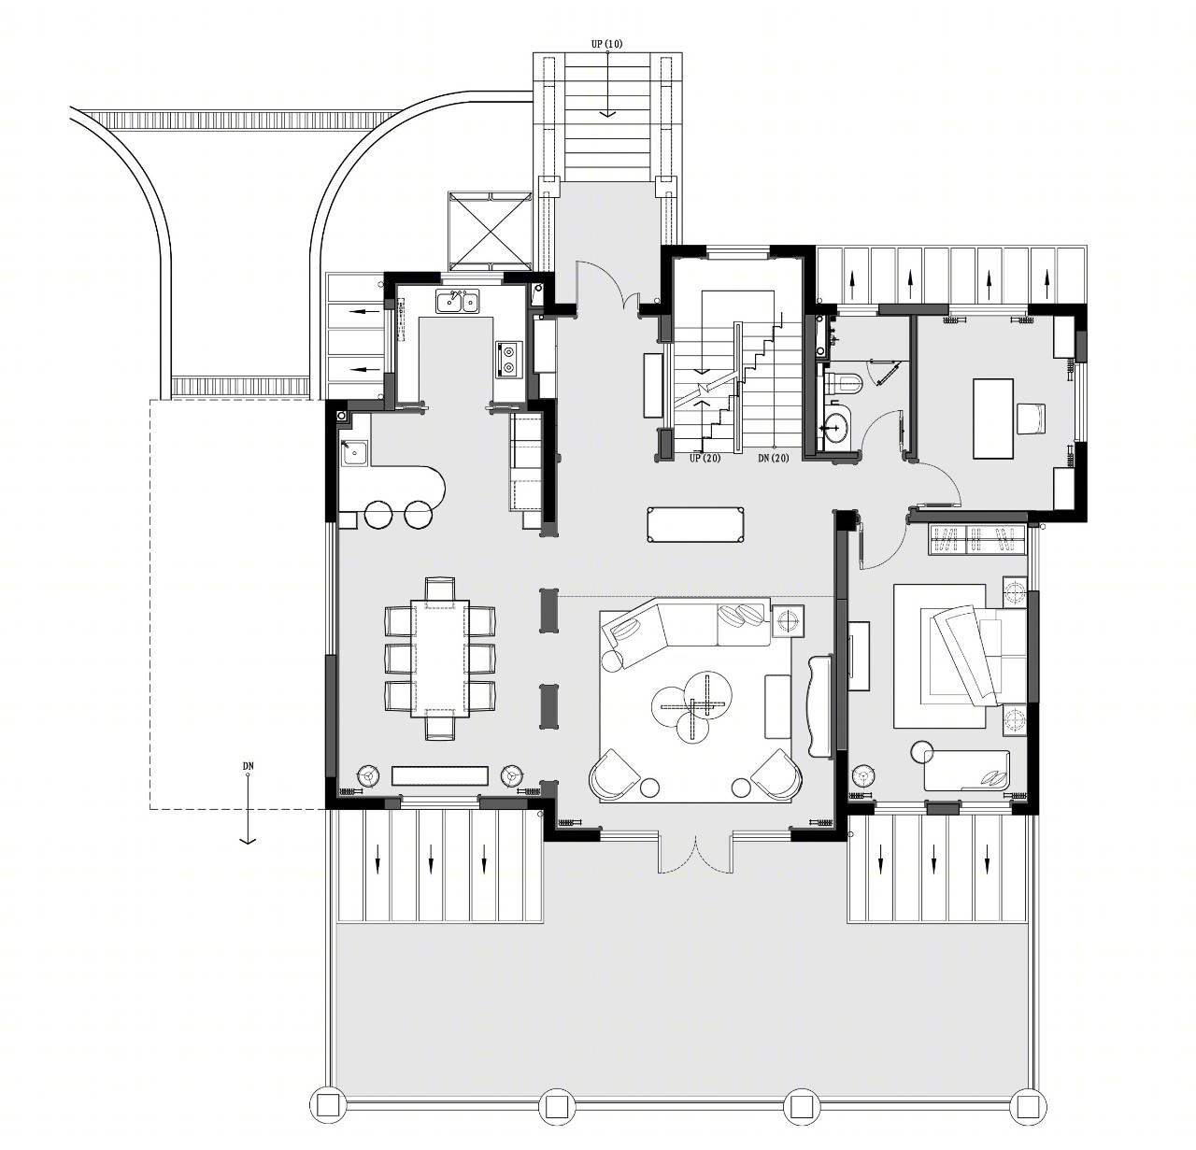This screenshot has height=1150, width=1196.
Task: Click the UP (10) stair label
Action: tap(607, 44)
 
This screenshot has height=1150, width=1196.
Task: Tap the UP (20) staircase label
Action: tap(705, 458)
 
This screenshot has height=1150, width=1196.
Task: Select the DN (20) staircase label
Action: tap(773, 458)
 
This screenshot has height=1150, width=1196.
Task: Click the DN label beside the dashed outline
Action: tap(248, 766)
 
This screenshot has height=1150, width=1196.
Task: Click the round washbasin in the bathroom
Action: tap(835, 423)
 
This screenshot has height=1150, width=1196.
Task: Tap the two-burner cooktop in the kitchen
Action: tap(508, 360)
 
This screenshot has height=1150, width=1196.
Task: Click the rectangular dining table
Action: tap(439, 657)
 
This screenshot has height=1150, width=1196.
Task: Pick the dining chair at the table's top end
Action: tap(440, 589)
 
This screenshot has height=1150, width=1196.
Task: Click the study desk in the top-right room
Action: tap(993, 418)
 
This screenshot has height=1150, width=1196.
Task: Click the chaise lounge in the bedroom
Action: tap(965, 770)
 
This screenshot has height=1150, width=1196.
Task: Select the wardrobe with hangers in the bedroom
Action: tap(976, 540)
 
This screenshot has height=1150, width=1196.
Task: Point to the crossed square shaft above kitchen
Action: tap(490, 231)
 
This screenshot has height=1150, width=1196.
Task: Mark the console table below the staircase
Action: tap(694, 525)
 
